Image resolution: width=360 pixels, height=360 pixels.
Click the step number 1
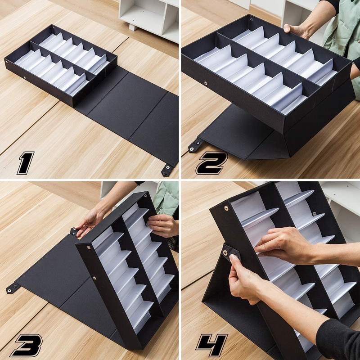(26, 163)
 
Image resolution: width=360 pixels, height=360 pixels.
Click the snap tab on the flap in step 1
(168, 170)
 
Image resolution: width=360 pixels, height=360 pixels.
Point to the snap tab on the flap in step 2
(195, 145)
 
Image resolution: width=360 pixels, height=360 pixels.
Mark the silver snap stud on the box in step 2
(207, 83)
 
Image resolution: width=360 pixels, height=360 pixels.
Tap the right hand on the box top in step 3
(163, 225)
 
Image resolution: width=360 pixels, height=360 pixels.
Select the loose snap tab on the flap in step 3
(12, 288)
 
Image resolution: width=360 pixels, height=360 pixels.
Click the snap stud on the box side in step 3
(94, 278)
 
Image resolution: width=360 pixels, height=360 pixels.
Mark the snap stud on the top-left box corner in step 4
(226, 208)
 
